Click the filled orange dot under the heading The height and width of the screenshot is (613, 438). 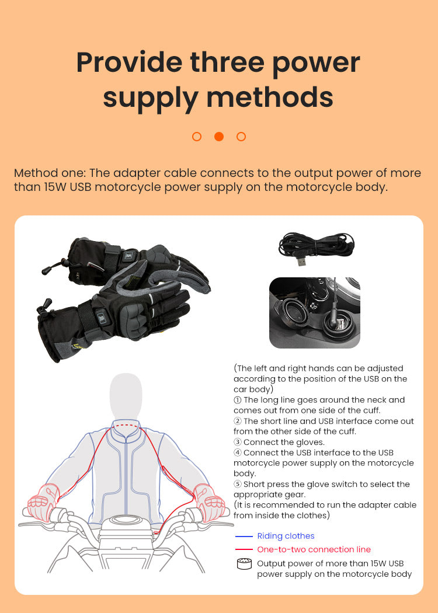pyautogui.click(x=219, y=137)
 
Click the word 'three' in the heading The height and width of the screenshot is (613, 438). pyautogui.click(x=227, y=62)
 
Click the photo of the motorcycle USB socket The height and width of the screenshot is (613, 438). pyautogui.click(x=315, y=313)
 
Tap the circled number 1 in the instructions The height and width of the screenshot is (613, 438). pyautogui.click(x=237, y=400)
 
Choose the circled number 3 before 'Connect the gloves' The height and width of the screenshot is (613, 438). pyautogui.click(x=237, y=442)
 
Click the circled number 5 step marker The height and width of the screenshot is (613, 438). pyautogui.click(x=237, y=485)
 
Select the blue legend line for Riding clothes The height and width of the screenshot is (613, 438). pyautogui.click(x=244, y=537)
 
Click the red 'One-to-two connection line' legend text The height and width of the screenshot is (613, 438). pyautogui.click(x=314, y=549)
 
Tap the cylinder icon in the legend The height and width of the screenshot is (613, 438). pyautogui.click(x=245, y=564)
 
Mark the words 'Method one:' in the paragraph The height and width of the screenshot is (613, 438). pyautogui.click(x=50, y=173)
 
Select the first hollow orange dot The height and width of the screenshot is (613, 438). pyautogui.click(x=197, y=137)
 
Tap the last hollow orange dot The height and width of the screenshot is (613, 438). pyautogui.click(x=241, y=137)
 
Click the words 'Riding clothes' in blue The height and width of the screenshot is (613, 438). pyautogui.click(x=286, y=536)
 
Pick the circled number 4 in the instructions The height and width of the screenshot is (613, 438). pyautogui.click(x=237, y=452)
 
